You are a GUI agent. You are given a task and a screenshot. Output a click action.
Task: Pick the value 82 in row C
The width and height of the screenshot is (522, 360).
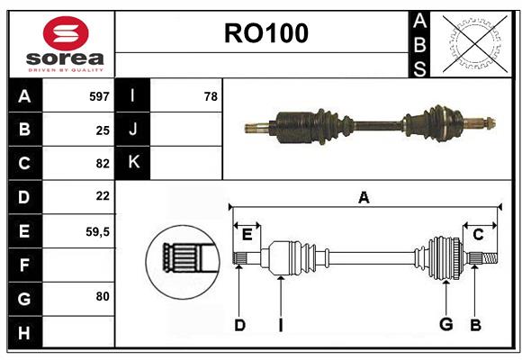102,164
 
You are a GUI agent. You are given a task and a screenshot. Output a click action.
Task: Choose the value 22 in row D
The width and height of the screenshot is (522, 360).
102,196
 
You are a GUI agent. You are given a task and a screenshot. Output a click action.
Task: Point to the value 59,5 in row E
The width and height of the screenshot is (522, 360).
98,231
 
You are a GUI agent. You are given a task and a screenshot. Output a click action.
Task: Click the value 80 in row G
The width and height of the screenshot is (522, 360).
102,295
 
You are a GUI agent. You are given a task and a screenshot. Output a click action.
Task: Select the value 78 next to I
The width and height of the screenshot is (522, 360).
211,95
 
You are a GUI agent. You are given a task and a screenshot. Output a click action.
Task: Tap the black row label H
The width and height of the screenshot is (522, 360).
24,333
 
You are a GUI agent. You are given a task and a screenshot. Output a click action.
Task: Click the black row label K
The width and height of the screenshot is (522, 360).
133,163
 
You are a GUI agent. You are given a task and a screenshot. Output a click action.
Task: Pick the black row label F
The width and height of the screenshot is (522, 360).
24,265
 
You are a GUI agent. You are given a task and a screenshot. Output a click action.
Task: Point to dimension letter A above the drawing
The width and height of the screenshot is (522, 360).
364,197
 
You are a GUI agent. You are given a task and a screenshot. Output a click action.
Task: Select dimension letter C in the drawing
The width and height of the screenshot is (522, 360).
478,234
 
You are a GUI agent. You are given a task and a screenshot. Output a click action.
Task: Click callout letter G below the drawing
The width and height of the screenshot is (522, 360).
445,324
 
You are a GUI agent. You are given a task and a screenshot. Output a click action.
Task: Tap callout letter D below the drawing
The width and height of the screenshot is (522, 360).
239,324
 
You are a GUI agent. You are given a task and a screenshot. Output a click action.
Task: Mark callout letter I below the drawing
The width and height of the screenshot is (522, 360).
281,324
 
